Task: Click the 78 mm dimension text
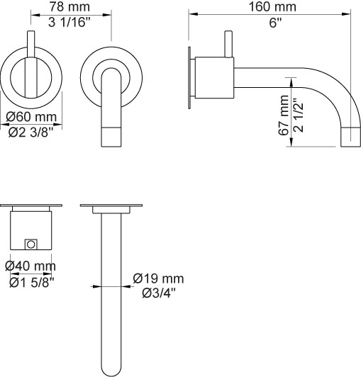[x=70, y=6]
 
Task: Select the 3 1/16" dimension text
[x=69, y=23]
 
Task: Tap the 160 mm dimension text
[x=272, y=6]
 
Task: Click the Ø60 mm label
[x=31, y=117]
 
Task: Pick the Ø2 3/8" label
[x=30, y=132]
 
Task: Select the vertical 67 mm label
[x=284, y=116]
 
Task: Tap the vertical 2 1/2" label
[x=299, y=115]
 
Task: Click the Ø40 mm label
[x=30, y=266]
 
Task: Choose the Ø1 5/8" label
[x=32, y=283]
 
